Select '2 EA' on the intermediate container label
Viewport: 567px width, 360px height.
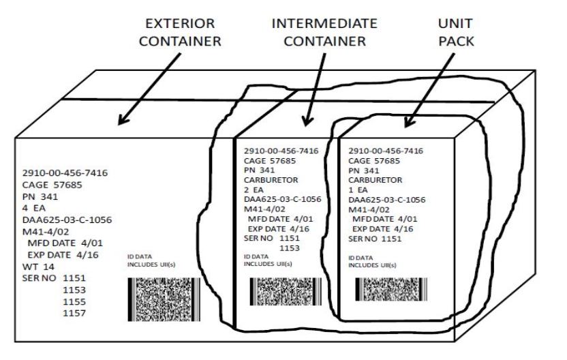(x=256, y=190)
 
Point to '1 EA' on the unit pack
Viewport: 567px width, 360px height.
(x=360, y=190)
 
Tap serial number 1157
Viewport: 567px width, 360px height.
(x=74, y=313)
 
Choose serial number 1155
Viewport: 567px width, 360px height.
(x=74, y=301)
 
